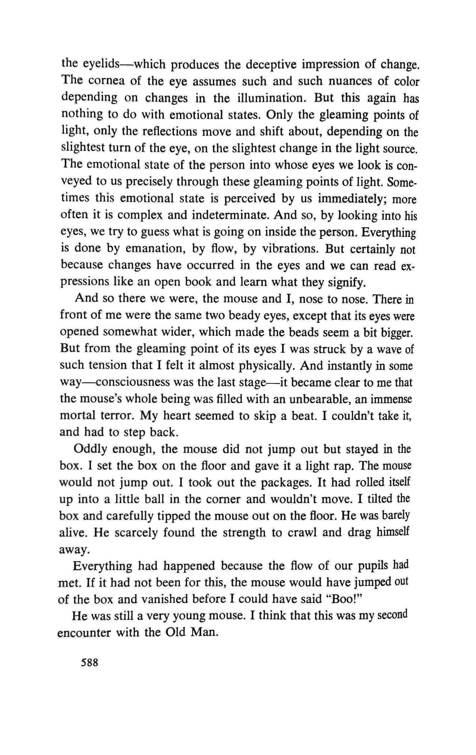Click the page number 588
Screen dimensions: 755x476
tap(90, 663)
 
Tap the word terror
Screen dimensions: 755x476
tap(116, 416)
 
